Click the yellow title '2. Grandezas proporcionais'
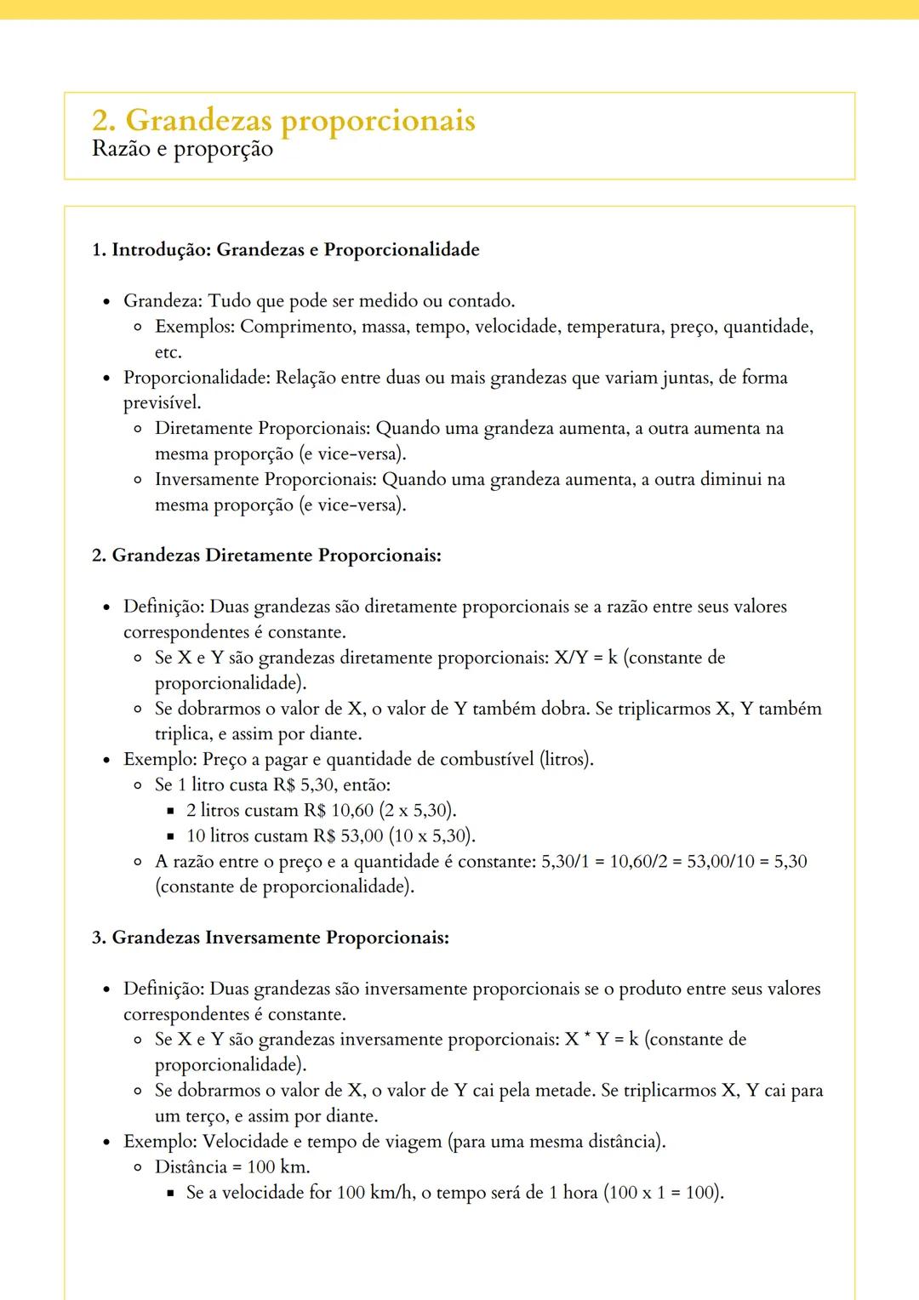(283, 120)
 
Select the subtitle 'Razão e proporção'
(182, 149)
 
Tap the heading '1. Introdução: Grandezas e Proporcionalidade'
(286, 249)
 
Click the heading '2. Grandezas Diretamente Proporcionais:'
(266, 556)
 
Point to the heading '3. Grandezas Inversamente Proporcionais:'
(271, 938)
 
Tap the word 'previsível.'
(162, 402)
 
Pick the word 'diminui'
(730, 479)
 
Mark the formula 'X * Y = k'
(602, 1040)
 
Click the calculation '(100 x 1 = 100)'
(664, 1193)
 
